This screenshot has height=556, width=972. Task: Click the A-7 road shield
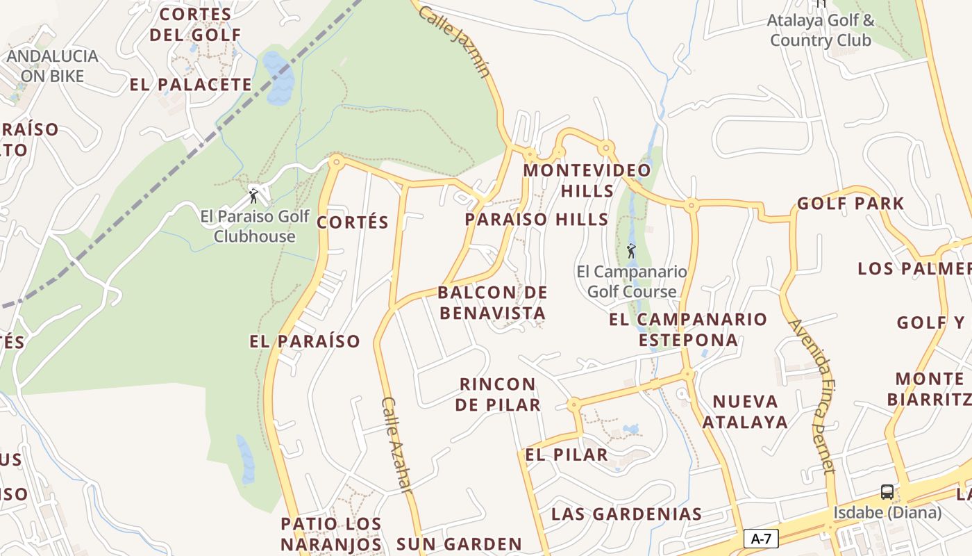761,538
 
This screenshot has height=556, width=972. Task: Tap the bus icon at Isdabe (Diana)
887,492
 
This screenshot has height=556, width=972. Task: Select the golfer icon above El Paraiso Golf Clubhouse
253,195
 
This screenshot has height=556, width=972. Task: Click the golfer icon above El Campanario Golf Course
631,250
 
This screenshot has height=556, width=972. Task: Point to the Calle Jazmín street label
455,42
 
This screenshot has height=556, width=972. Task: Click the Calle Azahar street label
396,445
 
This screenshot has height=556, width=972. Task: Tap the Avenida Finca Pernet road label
811,396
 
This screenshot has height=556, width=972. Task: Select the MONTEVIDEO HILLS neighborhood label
587,180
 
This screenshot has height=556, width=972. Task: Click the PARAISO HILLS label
537,220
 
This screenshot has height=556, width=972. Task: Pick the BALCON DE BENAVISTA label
492,302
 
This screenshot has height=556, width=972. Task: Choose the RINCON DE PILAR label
498,394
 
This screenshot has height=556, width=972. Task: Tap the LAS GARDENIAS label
626,514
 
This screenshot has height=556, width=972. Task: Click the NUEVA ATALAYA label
745,411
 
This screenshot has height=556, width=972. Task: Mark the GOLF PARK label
850,204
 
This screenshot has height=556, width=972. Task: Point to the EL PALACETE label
191,85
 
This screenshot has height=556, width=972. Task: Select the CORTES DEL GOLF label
195,24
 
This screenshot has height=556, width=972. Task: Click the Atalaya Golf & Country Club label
820,30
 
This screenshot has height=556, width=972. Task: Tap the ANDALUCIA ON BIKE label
53,65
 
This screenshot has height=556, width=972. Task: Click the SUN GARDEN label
459,543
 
